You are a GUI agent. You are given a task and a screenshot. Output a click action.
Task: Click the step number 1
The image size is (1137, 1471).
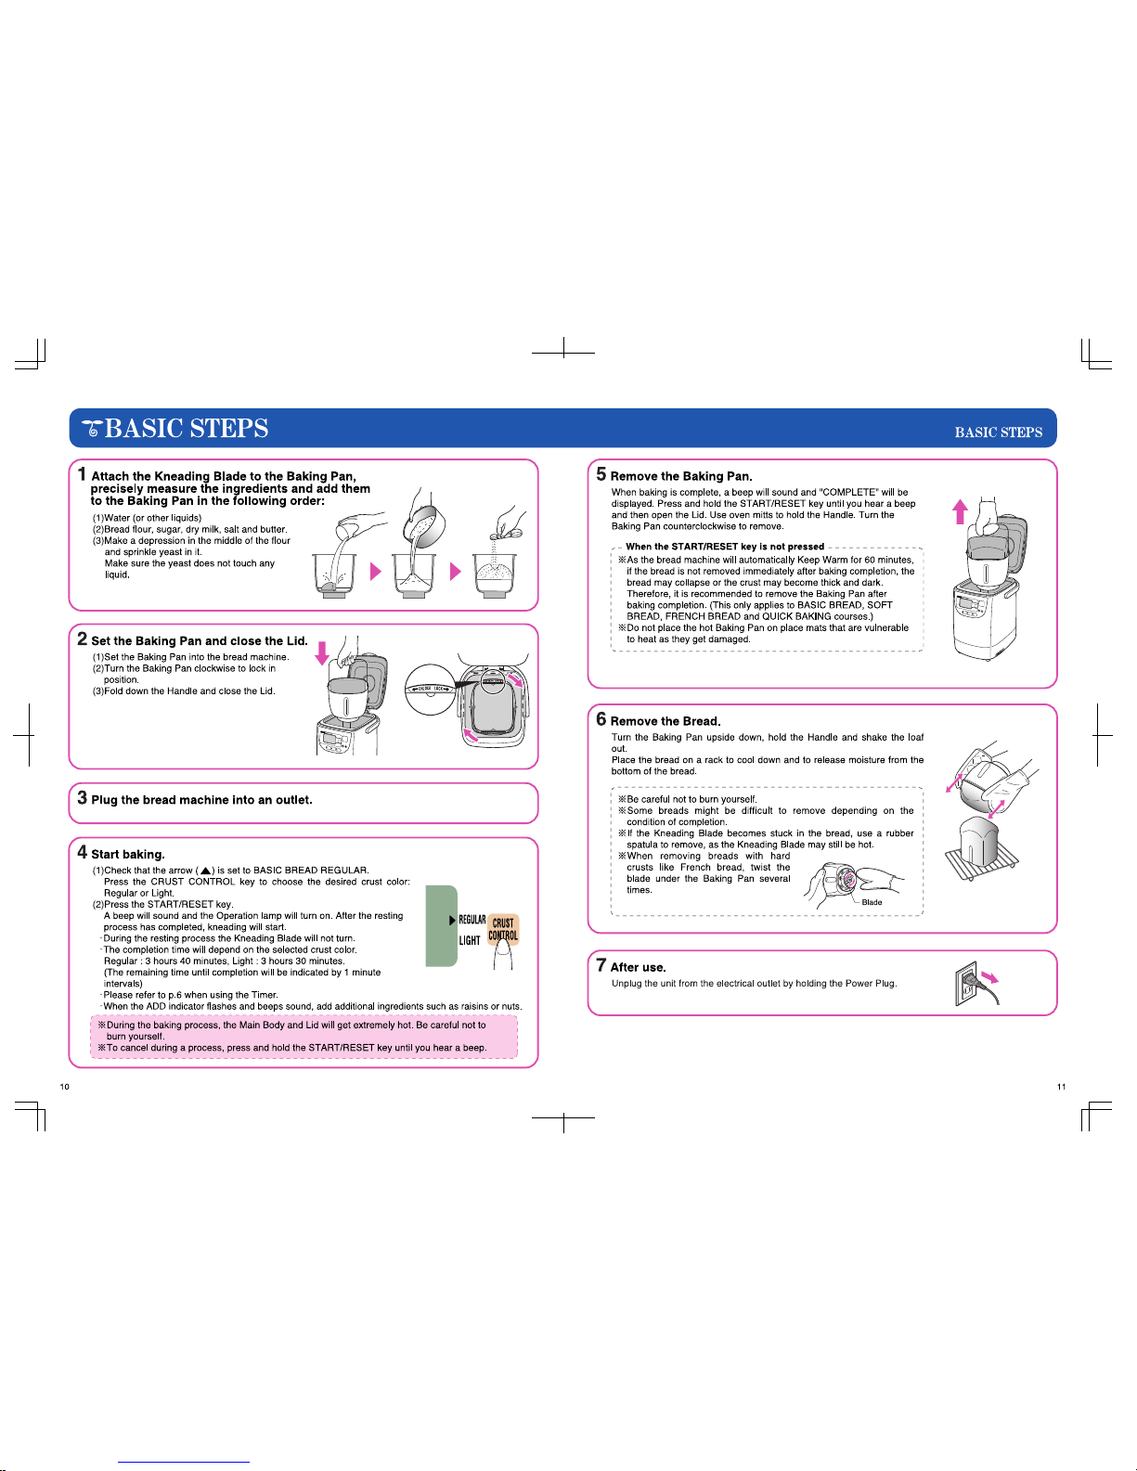tap(83, 474)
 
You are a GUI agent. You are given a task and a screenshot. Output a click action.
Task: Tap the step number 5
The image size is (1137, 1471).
tap(601, 474)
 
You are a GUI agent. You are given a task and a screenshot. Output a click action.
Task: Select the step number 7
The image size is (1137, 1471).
tap(601, 965)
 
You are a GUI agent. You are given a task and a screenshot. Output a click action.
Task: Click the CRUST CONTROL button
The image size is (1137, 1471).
tap(503, 929)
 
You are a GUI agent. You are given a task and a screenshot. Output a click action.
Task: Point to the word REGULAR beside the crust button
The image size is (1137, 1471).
tap(472, 920)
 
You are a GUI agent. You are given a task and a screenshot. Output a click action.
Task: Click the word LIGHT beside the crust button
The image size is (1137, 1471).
tap(470, 940)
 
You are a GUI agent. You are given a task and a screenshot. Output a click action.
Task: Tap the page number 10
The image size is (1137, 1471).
tap(64, 1086)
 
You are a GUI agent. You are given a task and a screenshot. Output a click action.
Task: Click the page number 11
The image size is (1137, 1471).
tap(1061, 1086)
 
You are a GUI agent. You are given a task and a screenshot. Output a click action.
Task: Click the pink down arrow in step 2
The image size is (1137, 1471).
tap(322, 652)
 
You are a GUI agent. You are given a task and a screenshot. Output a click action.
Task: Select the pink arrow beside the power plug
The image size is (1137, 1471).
tap(989, 977)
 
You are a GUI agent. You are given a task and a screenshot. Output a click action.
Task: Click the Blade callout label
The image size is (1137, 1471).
tap(872, 902)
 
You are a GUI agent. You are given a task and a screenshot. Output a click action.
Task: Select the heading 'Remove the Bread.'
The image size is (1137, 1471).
tap(665, 721)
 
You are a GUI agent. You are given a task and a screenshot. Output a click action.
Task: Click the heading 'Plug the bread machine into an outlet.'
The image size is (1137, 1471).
tap(201, 800)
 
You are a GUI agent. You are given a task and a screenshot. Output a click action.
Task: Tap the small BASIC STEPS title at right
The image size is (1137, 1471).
tap(998, 432)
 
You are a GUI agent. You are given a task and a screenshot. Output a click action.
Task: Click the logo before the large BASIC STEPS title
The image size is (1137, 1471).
tap(91, 429)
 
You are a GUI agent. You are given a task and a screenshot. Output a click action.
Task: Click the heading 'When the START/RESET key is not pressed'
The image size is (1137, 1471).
tap(724, 547)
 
